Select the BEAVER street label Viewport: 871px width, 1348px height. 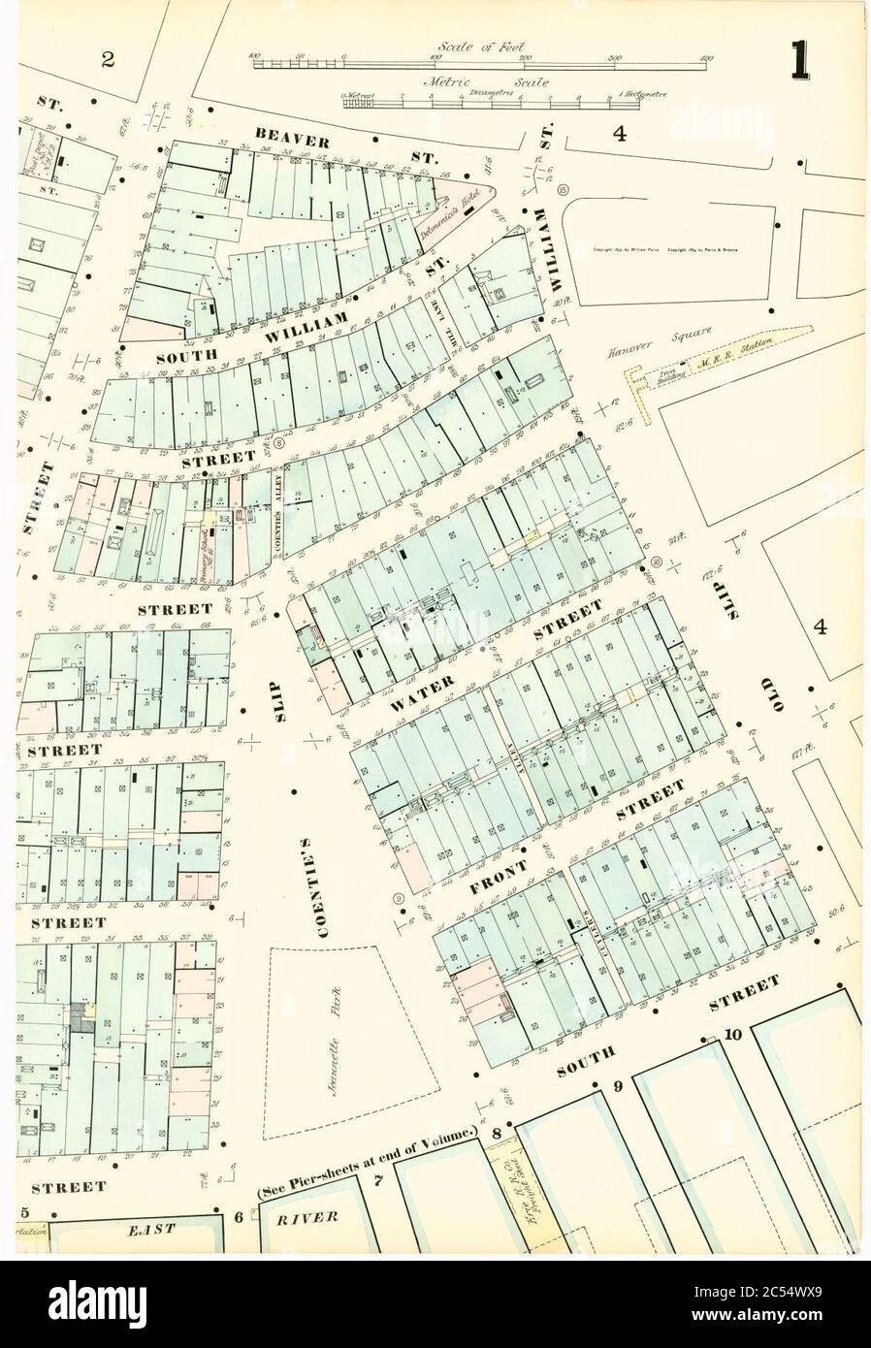(293, 139)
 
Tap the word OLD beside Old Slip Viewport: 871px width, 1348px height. (777, 690)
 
